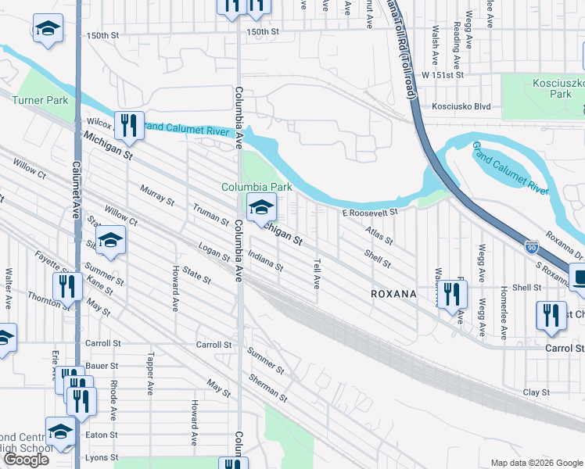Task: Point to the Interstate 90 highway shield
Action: (531, 245)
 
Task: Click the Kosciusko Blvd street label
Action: (462, 106)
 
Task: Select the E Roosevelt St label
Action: (369, 212)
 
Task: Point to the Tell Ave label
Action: (317, 273)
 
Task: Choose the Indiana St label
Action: (265, 261)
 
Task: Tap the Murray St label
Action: (157, 195)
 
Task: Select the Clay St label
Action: (537, 392)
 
